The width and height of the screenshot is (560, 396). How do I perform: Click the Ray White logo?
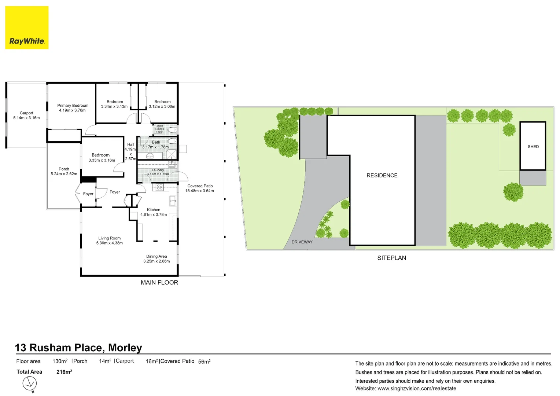coord(27,27)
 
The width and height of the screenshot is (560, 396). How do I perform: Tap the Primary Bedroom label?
coord(73,106)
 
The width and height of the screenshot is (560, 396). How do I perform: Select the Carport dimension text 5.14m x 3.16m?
coord(26,118)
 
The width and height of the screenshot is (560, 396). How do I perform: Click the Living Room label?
coord(109,238)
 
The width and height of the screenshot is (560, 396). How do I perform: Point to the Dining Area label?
coord(156,257)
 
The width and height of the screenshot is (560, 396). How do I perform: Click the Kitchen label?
coord(154,210)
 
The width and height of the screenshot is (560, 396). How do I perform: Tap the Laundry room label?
coord(158,170)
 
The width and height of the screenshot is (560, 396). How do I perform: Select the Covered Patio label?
coord(200,186)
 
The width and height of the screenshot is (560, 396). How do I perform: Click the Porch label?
coord(64,169)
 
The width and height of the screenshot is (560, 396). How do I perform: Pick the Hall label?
coord(130,144)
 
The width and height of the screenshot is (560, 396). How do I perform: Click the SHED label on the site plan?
coord(533,147)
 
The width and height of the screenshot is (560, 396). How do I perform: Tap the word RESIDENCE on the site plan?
coord(382,176)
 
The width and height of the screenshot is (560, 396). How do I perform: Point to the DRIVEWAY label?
coord(302,242)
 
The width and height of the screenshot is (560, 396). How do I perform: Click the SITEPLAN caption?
coord(391,258)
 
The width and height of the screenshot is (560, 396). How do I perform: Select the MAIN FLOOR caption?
coord(159,283)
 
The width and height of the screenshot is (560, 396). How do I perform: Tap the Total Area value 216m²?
coord(64,372)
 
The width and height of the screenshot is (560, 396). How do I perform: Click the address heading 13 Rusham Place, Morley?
coord(78,348)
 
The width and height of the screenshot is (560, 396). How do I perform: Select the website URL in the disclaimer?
coord(417,389)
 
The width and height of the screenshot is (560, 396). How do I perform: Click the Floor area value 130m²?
coord(60,362)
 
